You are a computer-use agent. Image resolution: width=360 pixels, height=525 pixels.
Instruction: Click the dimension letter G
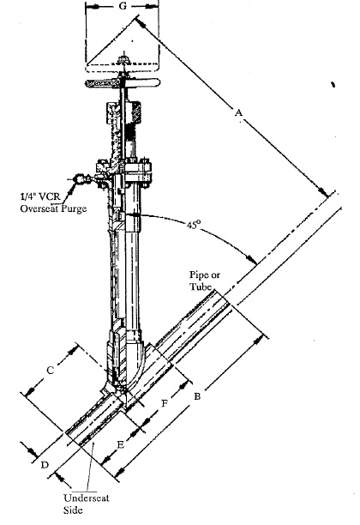coord(123,6)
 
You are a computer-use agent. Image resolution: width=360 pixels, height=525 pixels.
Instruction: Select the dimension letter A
coord(238,113)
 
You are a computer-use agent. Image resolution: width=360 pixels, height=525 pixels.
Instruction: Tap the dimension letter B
coord(197,396)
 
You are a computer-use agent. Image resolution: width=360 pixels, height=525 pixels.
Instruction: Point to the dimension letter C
coord(50,371)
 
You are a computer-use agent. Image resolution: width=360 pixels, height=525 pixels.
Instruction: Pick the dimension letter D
coord(45,465)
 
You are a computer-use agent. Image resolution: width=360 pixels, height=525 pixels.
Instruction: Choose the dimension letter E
coord(121,444)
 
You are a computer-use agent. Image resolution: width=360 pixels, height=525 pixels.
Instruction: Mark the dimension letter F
coord(165,403)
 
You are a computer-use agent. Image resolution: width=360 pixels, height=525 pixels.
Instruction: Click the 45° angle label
coord(194,225)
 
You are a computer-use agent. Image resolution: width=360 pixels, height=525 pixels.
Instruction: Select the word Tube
coord(201,287)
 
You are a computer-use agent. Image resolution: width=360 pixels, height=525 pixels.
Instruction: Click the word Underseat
coord(87,498)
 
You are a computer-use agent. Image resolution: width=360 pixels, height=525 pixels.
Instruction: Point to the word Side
coord(73,510)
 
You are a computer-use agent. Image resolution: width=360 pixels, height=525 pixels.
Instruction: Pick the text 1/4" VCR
coord(40,196)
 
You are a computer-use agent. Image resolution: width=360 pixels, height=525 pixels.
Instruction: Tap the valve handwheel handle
coord(123,82)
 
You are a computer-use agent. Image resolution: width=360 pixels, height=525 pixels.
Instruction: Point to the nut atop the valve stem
coord(123,59)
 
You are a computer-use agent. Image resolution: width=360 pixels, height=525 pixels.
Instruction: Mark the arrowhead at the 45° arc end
coord(251,259)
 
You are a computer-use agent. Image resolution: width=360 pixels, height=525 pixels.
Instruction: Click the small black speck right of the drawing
coord(333,84)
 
